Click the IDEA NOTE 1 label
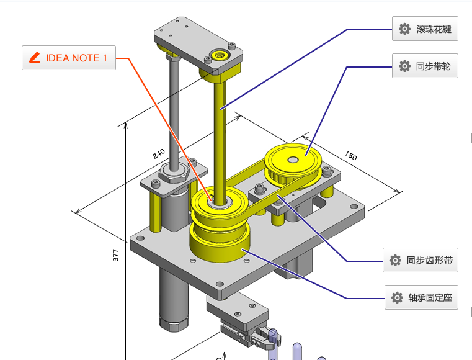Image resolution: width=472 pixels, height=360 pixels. click(69, 58)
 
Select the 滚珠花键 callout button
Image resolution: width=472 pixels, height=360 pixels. click(425, 29)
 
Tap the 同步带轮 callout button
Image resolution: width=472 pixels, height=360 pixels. click(425, 66)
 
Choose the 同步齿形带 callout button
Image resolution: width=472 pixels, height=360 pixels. click(421, 260)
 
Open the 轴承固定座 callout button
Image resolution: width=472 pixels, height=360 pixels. click(421, 297)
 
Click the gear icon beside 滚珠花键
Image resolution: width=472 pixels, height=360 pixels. click(404, 29)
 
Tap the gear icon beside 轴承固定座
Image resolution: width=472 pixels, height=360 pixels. click(397, 298)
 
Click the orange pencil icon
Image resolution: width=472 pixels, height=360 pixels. click(35, 58)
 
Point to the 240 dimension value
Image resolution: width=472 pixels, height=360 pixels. click(159, 154)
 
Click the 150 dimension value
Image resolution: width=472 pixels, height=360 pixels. click(350, 155)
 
